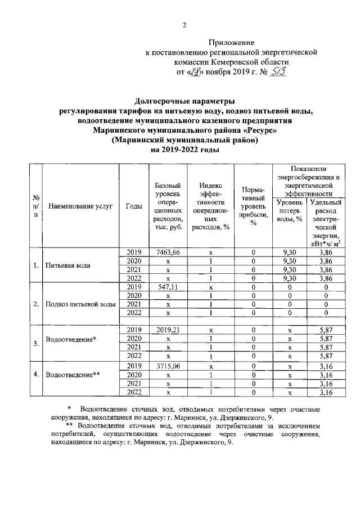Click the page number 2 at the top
coord(184,25)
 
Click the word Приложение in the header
coord(232,42)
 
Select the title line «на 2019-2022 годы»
coord(184,150)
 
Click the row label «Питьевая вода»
coord(68,265)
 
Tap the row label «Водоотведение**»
coord(74,374)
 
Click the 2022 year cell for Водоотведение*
coord(133,356)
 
